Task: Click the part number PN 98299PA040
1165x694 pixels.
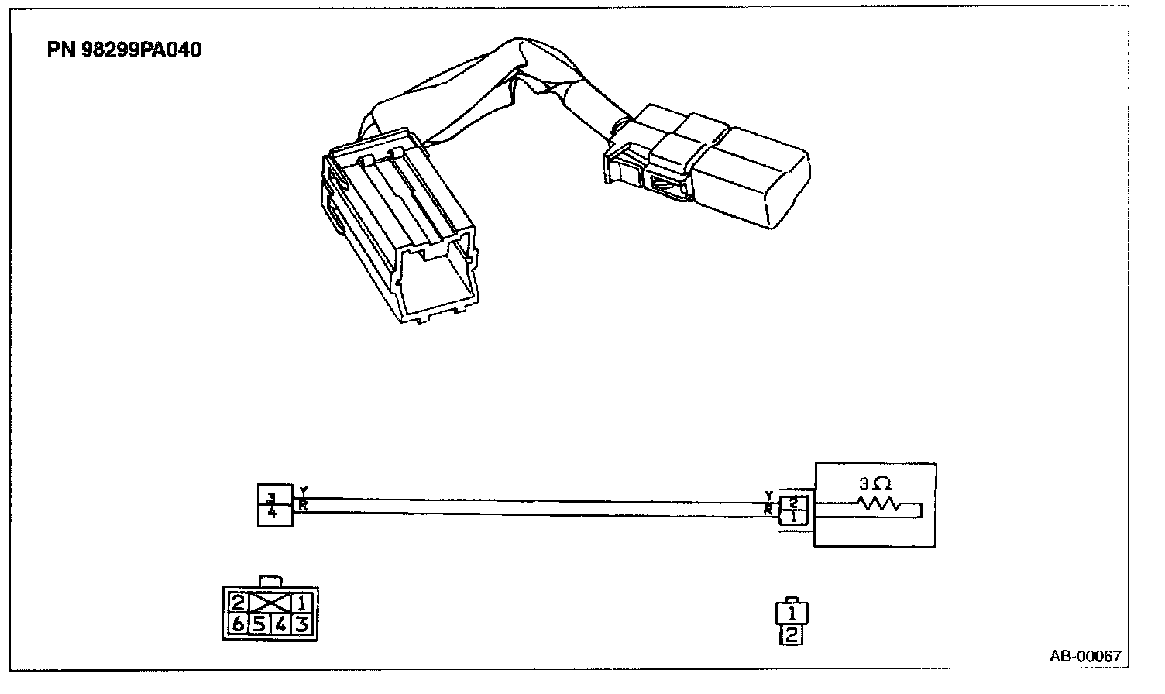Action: click(x=124, y=50)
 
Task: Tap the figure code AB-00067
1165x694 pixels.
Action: click(x=1085, y=656)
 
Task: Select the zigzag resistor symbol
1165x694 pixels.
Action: click(x=878, y=504)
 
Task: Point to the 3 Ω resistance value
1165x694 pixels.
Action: click(x=875, y=484)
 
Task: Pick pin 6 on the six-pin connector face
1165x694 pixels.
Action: click(x=239, y=624)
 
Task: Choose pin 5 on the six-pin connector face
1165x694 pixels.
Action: click(x=259, y=624)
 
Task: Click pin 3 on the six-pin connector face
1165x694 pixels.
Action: click(x=302, y=624)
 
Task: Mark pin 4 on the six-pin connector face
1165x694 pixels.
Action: click(x=281, y=624)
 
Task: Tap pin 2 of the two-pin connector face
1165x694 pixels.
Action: click(x=792, y=636)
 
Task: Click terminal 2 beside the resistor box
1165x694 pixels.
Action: click(x=794, y=501)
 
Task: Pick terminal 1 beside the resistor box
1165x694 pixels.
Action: click(x=794, y=516)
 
